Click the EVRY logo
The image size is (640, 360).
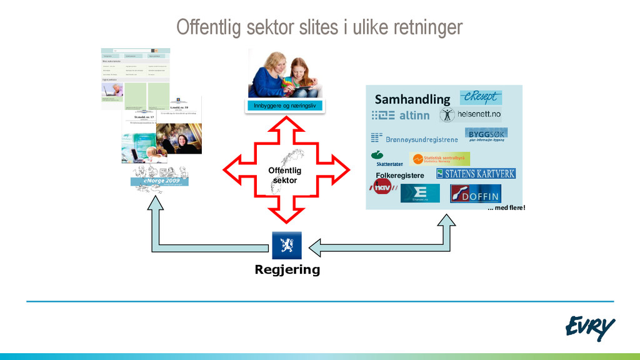tap(589, 327)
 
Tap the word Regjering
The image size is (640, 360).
tap(287, 270)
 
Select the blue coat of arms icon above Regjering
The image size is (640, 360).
tap(287, 245)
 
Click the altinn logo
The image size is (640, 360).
tap(401, 116)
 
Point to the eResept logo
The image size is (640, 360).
tap(481, 97)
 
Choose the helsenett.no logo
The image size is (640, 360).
tap(470, 114)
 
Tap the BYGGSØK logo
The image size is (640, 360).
tap(486, 135)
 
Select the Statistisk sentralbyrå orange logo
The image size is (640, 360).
tap(439, 159)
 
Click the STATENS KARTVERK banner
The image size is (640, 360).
tap(476, 174)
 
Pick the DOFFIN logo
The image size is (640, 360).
tap(475, 194)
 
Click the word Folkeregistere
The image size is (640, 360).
tap(400, 176)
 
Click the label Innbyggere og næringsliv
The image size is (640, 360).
tap(285, 106)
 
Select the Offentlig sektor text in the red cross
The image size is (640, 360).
tap(285, 175)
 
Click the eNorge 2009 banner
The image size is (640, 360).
tap(159, 181)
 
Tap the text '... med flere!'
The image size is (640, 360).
tap(506, 207)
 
